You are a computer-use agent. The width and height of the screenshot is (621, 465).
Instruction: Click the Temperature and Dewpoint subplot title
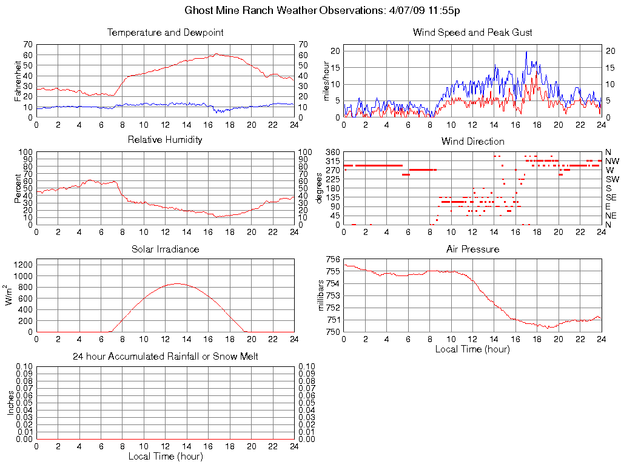(x=165, y=33)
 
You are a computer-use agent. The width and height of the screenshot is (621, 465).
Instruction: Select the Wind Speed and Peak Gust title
(x=472, y=33)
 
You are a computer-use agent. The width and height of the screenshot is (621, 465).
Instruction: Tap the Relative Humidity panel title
(x=165, y=140)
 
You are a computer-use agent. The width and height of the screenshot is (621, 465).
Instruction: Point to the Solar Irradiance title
(x=165, y=249)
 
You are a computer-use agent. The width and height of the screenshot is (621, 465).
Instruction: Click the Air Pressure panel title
(x=472, y=249)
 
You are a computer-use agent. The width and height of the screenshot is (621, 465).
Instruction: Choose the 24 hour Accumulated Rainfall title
(x=165, y=357)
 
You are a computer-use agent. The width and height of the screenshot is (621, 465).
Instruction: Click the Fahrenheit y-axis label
(x=17, y=81)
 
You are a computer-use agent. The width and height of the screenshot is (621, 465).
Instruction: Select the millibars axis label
(x=323, y=295)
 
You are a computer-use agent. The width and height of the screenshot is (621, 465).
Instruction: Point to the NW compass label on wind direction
(x=612, y=161)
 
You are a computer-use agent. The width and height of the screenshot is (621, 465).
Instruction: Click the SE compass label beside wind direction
(x=611, y=197)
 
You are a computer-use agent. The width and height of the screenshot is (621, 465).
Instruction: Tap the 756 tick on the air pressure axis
(x=333, y=259)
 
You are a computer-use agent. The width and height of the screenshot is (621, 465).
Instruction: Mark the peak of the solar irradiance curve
(x=177, y=283)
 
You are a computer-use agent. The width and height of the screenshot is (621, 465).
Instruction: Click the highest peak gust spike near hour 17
(x=526, y=51)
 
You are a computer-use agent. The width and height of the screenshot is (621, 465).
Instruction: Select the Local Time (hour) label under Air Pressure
(x=472, y=349)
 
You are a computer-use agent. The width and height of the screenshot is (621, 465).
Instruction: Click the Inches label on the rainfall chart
(x=10, y=403)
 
